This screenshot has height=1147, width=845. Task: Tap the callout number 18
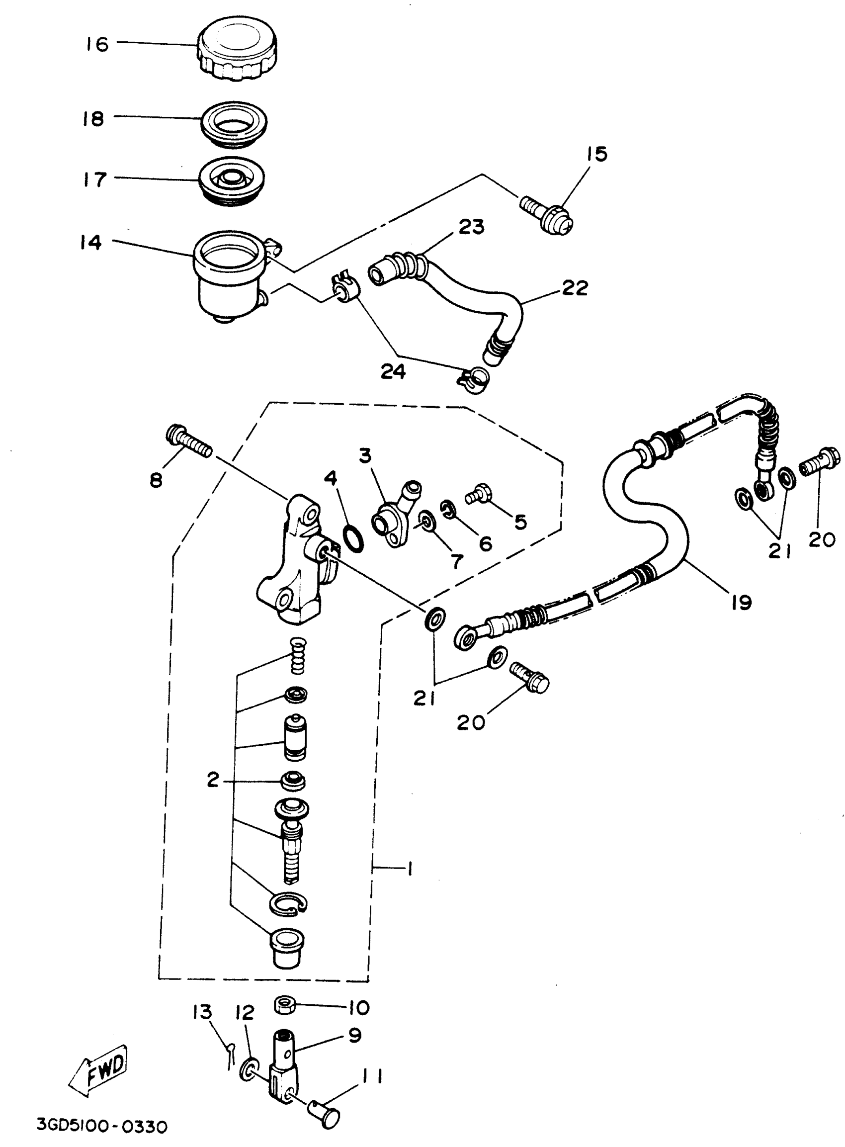(x=93, y=119)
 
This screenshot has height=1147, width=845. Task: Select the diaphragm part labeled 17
(x=231, y=181)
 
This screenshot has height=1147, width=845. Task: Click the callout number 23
(x=471, y=227)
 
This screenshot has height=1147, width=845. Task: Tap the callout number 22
(x=575, y=288)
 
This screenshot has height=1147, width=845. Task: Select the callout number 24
(x=393, y=371)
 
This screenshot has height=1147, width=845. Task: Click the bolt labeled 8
(x=188, y=442)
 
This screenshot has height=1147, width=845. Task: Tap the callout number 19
(x=741, y=602)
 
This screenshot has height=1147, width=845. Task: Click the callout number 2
(x=213, y=780)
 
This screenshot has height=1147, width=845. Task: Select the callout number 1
(x=409, y=868)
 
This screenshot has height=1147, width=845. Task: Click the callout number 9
(x=354, y=1035)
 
